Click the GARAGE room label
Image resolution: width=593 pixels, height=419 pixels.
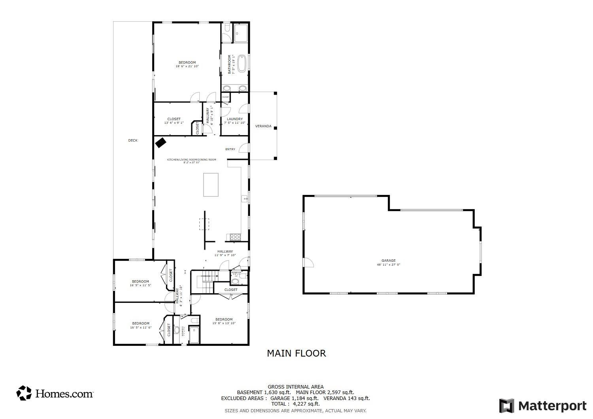tap(388, 260)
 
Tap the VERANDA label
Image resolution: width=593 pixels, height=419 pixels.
tap(263, 126)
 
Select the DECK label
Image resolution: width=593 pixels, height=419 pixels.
tap(133, 140)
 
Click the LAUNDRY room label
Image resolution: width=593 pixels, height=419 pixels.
tap(235, 119)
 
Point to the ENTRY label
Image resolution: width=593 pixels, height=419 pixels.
tap(230, 149)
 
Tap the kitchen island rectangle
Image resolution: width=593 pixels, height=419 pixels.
tap(211, 185)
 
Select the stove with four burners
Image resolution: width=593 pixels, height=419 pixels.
tap(236, 237)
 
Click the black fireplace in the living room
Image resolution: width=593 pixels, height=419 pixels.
tap(160, 142)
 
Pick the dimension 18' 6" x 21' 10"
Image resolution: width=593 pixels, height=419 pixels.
tap(187, 66)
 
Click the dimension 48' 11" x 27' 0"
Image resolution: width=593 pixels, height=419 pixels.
tap(388, 264)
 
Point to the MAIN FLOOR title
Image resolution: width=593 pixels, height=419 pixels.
tap(296, 353)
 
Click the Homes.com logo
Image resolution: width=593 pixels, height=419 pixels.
tap(55, 393)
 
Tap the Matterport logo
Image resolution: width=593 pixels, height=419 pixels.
tap(543, 406)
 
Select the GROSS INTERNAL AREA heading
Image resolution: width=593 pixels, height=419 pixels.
tap(296, 387)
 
